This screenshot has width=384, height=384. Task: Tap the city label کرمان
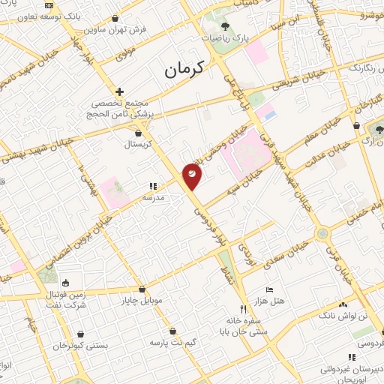182,72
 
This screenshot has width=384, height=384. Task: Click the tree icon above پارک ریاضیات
226,25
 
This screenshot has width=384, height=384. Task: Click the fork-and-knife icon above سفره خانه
242,308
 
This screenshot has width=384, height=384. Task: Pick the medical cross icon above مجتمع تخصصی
119,91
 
